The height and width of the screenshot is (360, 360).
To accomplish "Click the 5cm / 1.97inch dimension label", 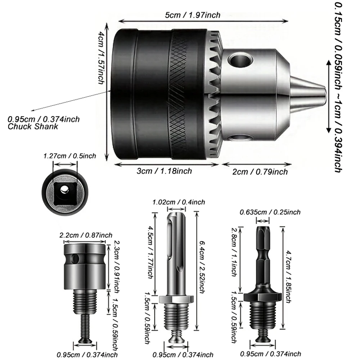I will click(x=193, y=15).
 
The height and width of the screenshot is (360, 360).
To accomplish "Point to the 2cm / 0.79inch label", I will click(x=260, y=172).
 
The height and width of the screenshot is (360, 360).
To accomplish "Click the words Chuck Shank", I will click(x=33, y=127).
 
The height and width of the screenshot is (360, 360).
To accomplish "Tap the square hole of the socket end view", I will click(x=64, y=189).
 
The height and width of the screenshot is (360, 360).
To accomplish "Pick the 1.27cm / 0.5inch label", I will click(x=69, y=156).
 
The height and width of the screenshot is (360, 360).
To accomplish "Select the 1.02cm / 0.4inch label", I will click(x=179, y=202).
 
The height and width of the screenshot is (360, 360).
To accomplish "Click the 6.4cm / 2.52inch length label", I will click(x=203, y=270).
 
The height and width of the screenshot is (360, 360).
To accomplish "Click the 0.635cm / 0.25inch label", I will click(x=270, y=212).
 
